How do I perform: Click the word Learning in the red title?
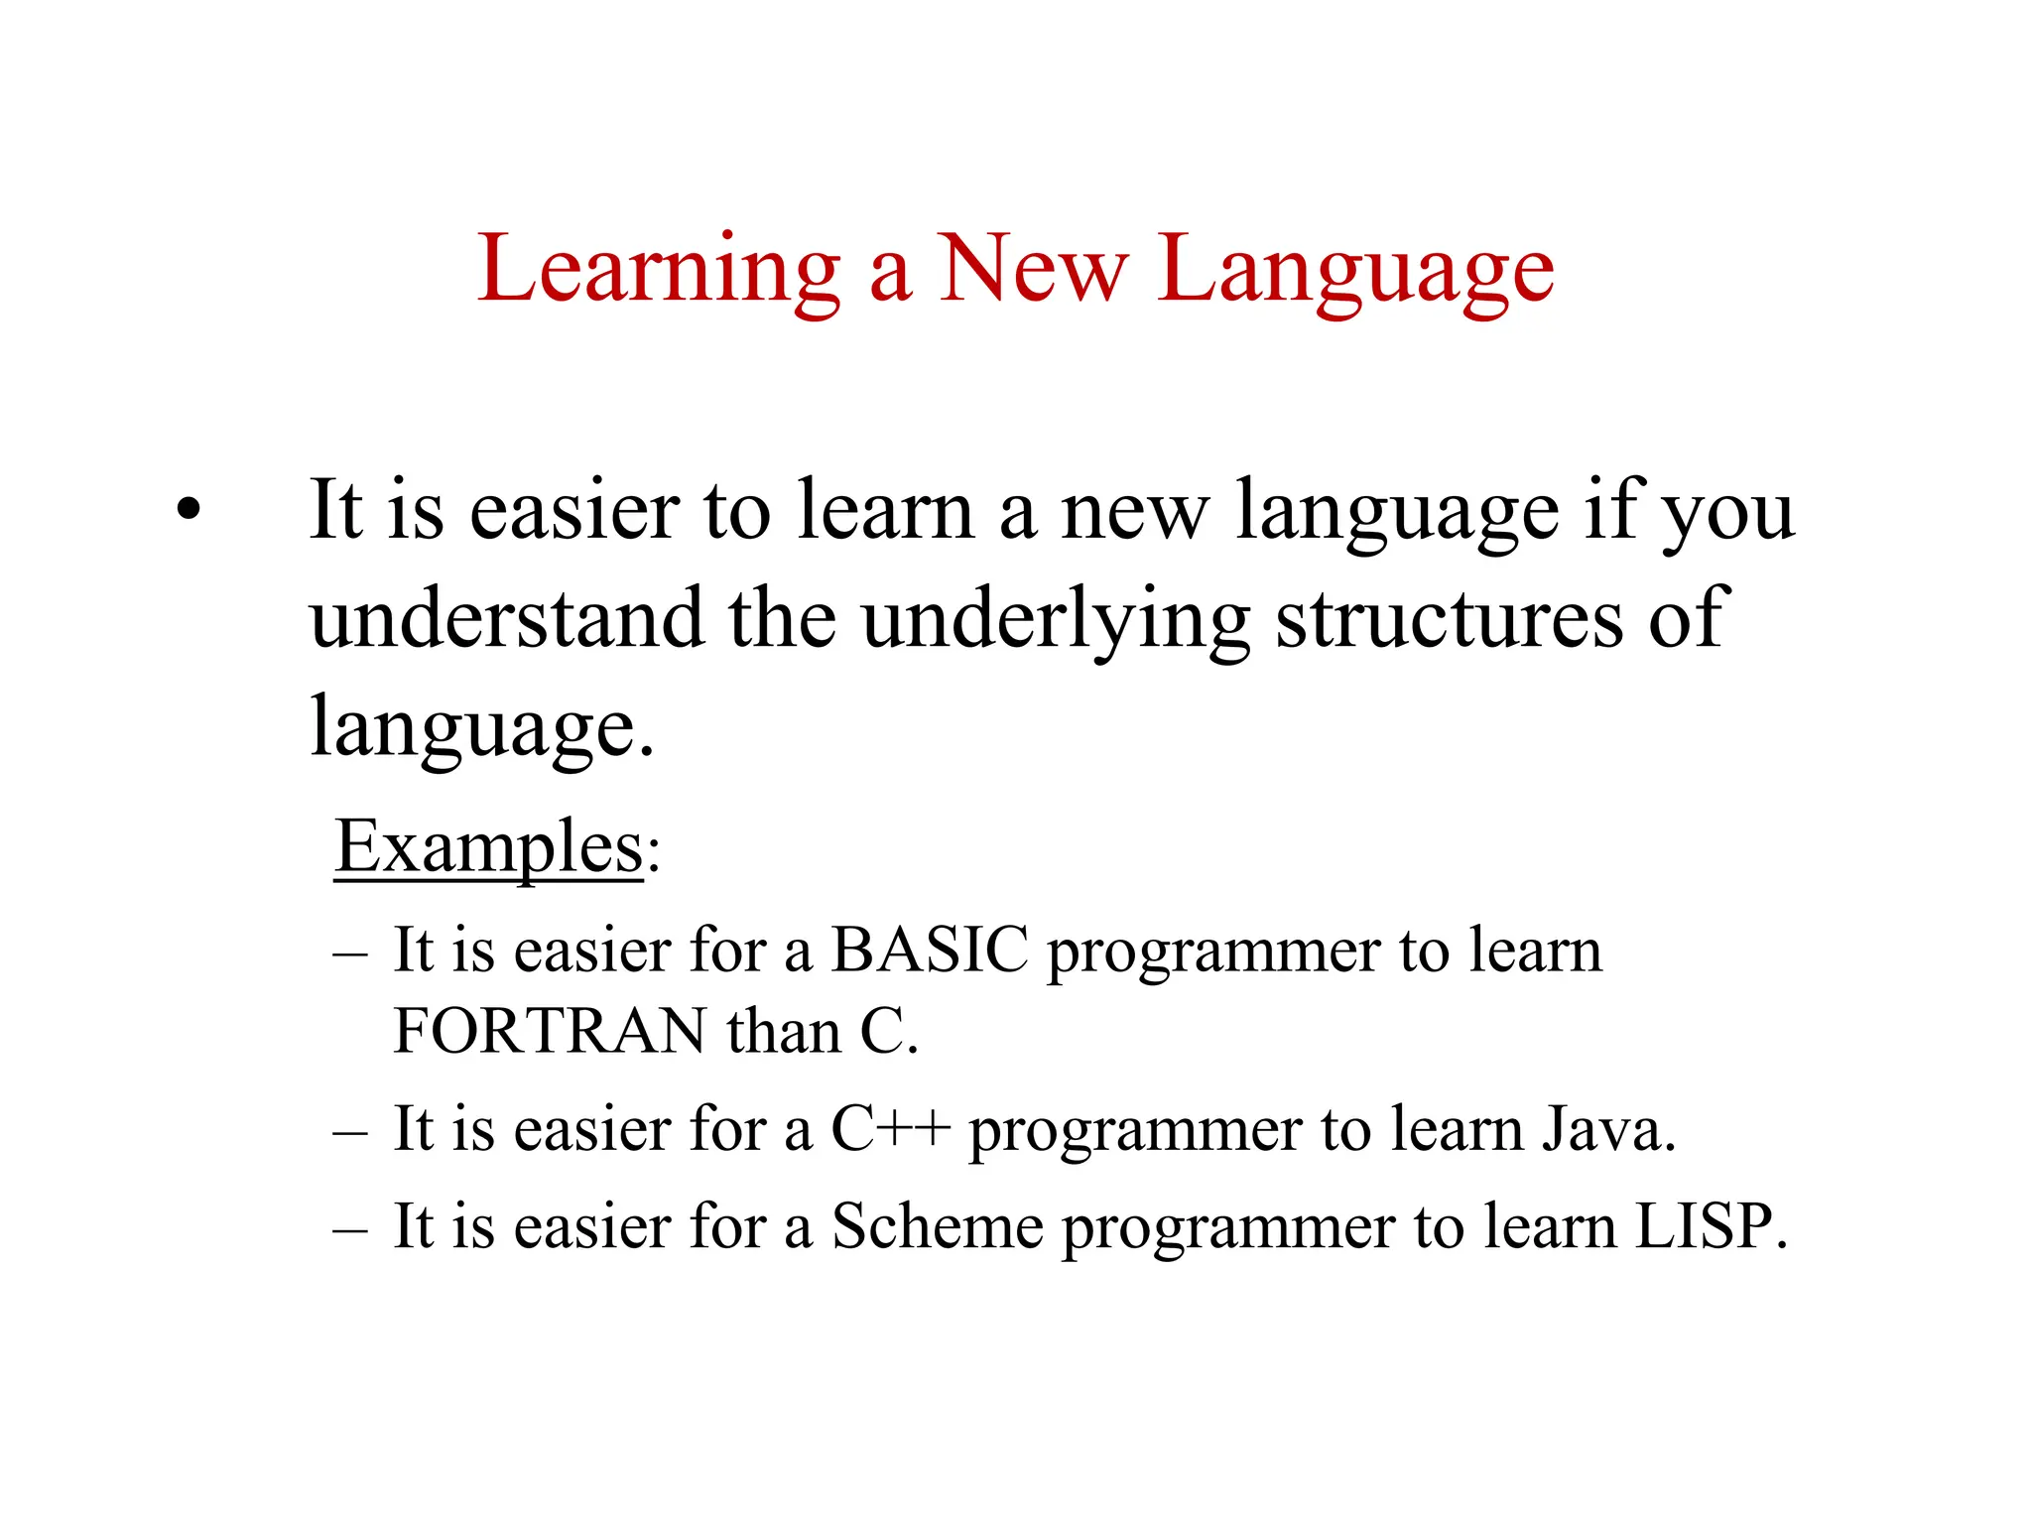(659, 270)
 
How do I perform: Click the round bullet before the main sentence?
(188, 512)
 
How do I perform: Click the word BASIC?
(930, 950)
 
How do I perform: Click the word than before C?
(784, 1031)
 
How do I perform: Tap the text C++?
(890, 1128)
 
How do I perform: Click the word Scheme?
(937, 1226)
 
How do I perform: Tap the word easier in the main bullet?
(574, 512)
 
